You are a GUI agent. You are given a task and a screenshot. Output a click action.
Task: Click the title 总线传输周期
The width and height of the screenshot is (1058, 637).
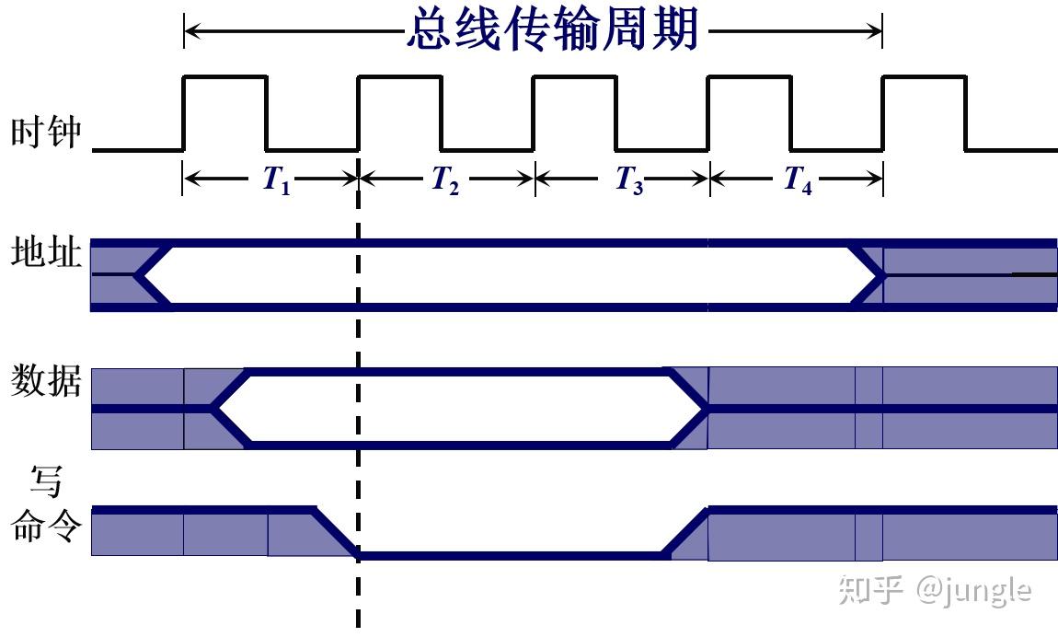click(552, 31)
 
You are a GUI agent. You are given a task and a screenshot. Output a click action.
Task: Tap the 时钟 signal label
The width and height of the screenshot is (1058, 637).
click(46, 134)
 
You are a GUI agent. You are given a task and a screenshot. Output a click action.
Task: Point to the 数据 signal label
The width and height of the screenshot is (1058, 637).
click(46, 380)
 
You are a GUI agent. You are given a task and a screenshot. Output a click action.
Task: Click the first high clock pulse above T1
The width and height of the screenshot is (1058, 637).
click(225, 77)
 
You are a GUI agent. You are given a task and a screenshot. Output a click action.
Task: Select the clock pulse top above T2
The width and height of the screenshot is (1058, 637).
click(400, 77)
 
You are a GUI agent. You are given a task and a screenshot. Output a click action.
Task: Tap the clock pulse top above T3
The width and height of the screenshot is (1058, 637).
click(575, 77)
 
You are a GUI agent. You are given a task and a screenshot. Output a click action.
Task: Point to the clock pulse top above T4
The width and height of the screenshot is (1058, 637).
click(749, 77)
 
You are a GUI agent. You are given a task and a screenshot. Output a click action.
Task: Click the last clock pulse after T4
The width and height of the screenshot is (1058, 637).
click(924, 77)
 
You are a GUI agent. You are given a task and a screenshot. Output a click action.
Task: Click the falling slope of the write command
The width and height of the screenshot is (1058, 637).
click(337, 532)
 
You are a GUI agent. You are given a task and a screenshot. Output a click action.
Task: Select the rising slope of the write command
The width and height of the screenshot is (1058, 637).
click(685, 532)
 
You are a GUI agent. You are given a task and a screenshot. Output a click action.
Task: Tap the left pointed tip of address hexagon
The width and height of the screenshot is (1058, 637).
click(137, 274)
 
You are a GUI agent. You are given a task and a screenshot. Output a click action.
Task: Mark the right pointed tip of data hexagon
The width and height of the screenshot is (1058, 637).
click(706, 408)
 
